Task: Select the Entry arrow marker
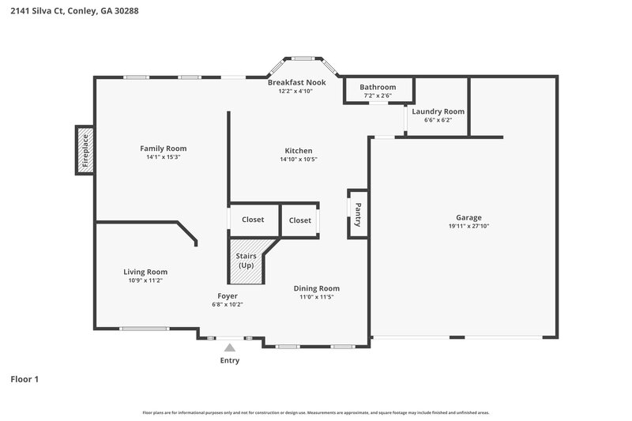coord(229,347)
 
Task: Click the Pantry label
coord(358,213)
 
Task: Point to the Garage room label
coord(468,218)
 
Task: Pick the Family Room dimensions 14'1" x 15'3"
coord(164,157)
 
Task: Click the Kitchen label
coord(299,151)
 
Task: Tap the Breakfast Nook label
coord(296,83)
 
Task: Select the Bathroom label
coord(378,87)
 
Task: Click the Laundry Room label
coord(438,111)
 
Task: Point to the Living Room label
coord(145,272)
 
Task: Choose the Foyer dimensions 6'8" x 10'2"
coord(228,304)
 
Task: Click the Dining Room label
coord(317,288)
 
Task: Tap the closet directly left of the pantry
coord(300,220)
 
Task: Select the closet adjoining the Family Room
coord(254,220)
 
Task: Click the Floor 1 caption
coord(24,379)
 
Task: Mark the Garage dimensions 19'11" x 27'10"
coord(468,227)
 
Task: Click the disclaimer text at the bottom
coord(316,412)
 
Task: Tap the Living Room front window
coord(144,329)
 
